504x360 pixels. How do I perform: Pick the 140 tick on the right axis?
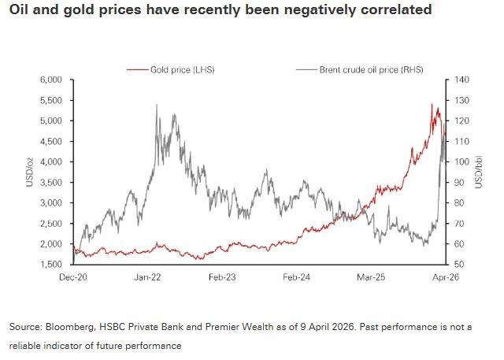tap(459, 80)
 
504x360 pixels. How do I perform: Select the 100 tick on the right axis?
tap(459, 162)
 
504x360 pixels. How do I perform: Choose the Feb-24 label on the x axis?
tap(296, 278)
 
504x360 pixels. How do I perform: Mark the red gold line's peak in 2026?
tap(432, 104)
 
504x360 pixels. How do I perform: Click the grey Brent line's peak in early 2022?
tap(157, 104)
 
